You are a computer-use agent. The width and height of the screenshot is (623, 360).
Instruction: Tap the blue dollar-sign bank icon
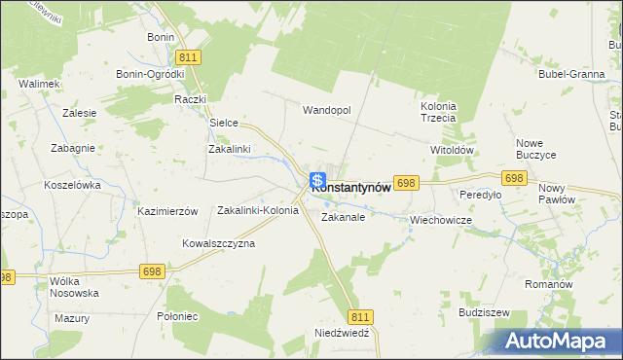(x=317, y=181)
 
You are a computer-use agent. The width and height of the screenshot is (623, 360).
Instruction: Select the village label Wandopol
(x=326, y=110)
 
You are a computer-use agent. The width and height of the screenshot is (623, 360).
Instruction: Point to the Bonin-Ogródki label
(x=150, y=74)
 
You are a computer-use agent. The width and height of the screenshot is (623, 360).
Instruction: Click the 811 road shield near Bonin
(x=190, y=57)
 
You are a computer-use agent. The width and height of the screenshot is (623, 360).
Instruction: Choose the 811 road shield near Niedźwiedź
(x=360, y=317)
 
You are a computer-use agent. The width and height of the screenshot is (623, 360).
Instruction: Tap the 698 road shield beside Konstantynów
(x=407, y=183)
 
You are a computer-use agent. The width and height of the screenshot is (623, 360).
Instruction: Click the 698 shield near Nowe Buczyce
(x=515, y=178)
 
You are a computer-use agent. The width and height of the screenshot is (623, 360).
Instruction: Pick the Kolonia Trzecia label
(x=438, y=112)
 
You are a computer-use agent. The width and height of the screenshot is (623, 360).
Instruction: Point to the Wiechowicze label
(x=441, y=220)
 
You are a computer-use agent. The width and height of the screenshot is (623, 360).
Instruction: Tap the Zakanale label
(x=343, y=218)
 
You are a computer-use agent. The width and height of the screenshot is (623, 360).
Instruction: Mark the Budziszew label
(x=485, y=313)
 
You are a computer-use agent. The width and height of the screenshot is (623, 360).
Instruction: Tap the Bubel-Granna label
(x=568, y=73)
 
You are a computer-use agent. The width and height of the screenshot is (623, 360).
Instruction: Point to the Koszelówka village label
(x=73, y=184)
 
